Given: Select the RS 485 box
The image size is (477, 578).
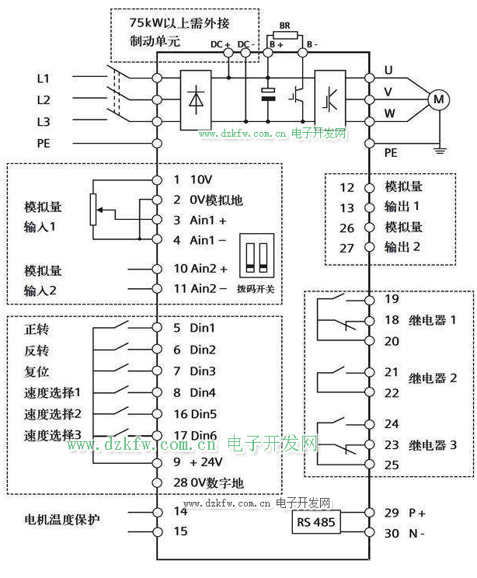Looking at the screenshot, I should pos(316,522).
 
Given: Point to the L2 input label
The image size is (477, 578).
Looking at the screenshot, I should pos(44,100).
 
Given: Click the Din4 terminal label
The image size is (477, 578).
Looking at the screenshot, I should pos(203,392).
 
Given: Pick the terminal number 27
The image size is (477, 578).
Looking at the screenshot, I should pos(347,248).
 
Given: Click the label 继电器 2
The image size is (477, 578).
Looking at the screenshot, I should pos(433,378).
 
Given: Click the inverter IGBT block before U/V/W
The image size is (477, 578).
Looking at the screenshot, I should pos(329,99).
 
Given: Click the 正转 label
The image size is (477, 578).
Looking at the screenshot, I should pos(38,329).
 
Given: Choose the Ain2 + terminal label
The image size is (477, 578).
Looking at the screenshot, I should pos(208,269).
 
